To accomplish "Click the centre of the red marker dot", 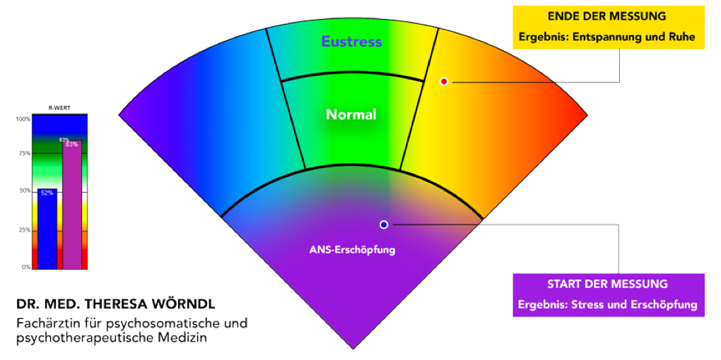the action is pos(444,81).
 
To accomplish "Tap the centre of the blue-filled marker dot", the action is pos(384,224).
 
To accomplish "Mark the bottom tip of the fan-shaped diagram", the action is pos(353,349).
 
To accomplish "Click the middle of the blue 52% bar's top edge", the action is pos(47,188).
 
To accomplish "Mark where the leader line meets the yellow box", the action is pos(619,49).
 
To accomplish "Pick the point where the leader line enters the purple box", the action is pos(619,274).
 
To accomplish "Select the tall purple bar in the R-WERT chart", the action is pos(72,205).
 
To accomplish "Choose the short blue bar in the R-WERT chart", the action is pos(47,229).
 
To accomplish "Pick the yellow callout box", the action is pos(609,28).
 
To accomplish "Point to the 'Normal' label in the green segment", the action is pos(351,114).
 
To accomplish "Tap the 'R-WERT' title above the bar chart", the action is pos(59,109).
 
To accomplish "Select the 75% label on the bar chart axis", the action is pos(23,153).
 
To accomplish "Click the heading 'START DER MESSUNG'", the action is pos(607,284).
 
